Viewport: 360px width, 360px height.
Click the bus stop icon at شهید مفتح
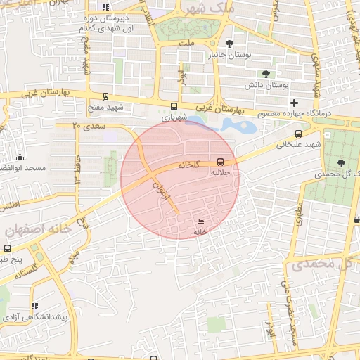click(106, 97)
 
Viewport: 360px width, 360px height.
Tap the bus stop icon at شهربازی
click(174, 107)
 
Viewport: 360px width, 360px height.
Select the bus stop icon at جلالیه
click(221, 160)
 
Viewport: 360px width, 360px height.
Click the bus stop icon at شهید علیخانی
click(299, 134)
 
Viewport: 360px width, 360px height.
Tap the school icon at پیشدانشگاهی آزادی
click(34, 307)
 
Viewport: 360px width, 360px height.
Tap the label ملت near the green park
click(186, 44)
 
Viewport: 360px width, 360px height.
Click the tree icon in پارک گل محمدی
click(341, 161)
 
